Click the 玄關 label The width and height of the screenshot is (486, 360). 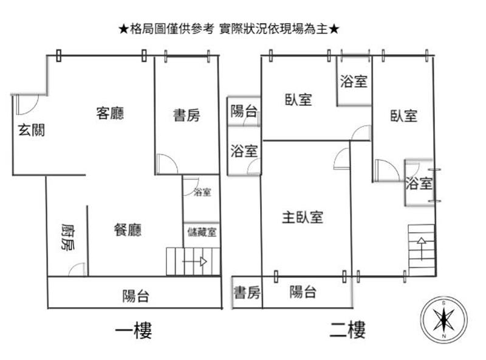(x=31, y=129)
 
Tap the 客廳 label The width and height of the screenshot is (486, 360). (x=110, y=113)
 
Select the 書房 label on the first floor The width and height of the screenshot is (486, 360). (x=186, y=114)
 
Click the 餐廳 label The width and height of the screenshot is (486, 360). (x=128, y=230)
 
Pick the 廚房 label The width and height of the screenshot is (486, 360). (x=67, y=238)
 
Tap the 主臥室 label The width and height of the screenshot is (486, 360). (x=302, y=216)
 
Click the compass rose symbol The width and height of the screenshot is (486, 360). (x=444, y=319)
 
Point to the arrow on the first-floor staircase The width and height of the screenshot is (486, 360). (x=197, y=262)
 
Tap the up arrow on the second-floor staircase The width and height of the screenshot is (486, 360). (x=420, y=246)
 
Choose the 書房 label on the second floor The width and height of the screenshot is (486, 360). (x=247, y=293)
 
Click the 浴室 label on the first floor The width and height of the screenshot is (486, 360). (x=202, y=193)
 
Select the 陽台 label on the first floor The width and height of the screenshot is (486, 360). (x=135, y=296)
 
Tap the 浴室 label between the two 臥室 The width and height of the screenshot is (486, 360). (x=354, y=81)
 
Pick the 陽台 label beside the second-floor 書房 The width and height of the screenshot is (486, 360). (x=303, y=292)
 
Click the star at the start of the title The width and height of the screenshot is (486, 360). (x=123, y=29)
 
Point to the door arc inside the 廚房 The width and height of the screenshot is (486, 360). (x=77, y=269)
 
